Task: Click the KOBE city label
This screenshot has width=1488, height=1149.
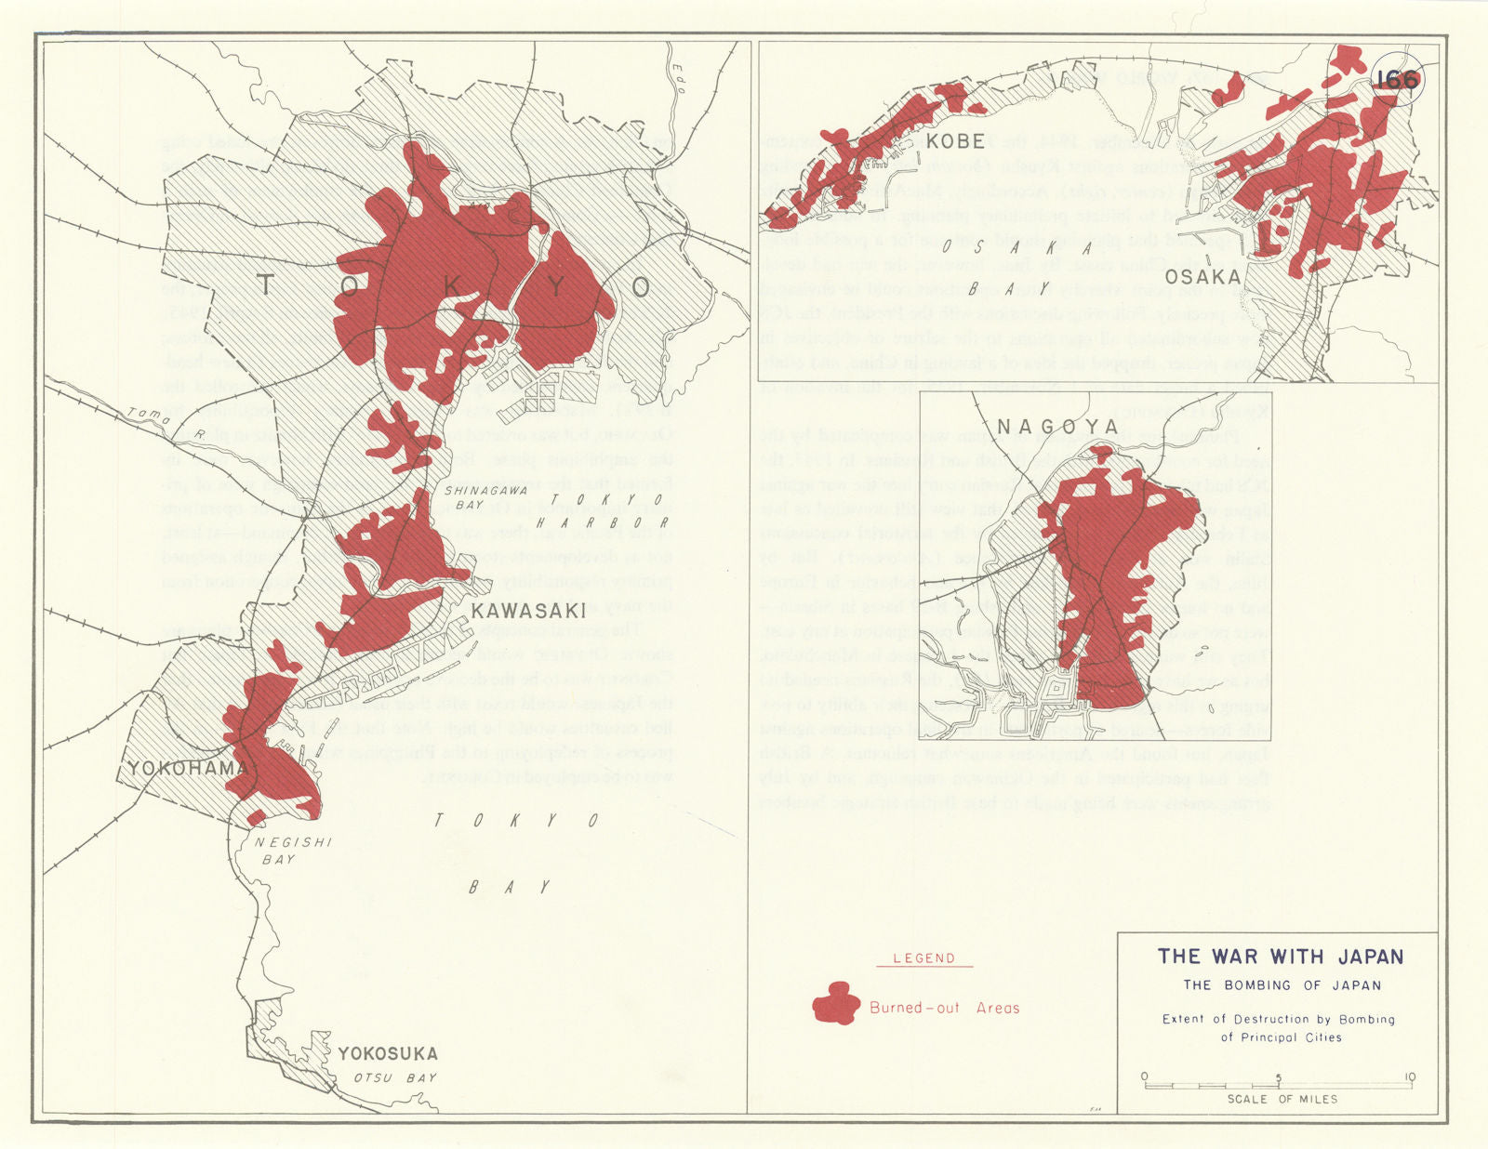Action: pyautogui.click(x=956, y=141)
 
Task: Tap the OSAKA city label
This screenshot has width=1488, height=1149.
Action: pyautogui.click(x=1202, y=277)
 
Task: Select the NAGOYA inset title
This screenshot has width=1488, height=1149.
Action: pyautogui.click(x=1057, y=427)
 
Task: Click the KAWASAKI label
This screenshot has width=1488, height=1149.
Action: pyautogui.click(x=528, y=611)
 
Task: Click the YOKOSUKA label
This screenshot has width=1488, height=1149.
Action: pyautogui.click(x=388, y=1053)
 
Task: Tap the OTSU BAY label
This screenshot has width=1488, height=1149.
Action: pyautogui.click(x=394, y=1078)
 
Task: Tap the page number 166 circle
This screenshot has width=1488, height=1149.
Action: pyautogui.click(x=1397, y=80)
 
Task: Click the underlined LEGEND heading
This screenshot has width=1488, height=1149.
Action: pyautogui.click(x=923, y=958)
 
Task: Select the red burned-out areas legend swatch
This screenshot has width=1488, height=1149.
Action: pyautogui.click(x=834, y=1005)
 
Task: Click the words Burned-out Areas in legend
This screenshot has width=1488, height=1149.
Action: pyautogui.click(x=944, y=1008)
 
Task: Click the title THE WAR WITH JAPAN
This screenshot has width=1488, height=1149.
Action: pyautogui.click(x=1280, y=957)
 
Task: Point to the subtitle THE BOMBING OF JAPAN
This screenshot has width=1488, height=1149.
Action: pyautogui.click(x=1282, y=985)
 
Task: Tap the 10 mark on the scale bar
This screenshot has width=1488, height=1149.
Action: pyautogui.click(x=1410, y=1078)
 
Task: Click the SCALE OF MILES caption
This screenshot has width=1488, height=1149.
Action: pyautogui.click(x=1282, y=1099)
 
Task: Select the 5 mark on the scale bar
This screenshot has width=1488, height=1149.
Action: pyautogui.click(x=1278, y=1078)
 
